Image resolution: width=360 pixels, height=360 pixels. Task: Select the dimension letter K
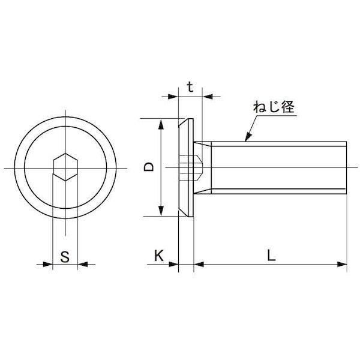click(x=158, y=256)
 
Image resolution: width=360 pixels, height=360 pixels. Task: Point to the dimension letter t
click(x=190, y=87)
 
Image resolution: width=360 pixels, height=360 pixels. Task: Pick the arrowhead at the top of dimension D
click(x=161, y=123)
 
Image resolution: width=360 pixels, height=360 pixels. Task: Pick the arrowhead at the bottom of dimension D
click(x=161, y=211)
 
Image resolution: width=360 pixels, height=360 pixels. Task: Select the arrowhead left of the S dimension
click(x=49, y=263)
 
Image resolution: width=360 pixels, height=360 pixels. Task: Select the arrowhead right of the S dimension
click(x=82, y=263)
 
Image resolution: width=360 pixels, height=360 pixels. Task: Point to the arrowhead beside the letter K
click(x=175, y=263)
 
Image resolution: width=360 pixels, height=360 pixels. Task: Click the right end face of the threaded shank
click(x=347, y=167)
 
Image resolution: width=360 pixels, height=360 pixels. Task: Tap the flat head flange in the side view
click(x=187, y=167)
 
